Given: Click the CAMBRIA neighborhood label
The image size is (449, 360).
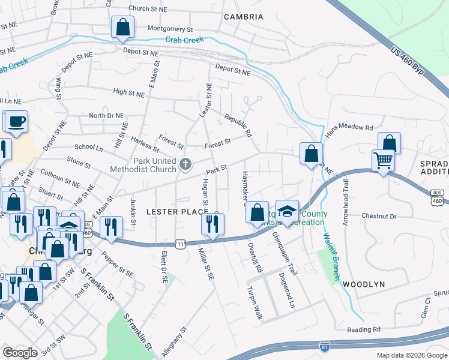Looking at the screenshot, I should click(243, 17).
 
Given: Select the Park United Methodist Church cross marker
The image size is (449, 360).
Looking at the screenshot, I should click(186, 163).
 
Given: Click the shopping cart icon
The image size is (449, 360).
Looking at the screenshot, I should click(384, 161).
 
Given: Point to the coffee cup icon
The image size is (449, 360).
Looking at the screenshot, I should click(17, 121).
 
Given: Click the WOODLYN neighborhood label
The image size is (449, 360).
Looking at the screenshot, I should click(363, 283).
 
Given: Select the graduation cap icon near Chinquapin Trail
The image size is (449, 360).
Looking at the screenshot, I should click(288, 212).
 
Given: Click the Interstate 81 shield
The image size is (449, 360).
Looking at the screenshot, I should click(325, 347).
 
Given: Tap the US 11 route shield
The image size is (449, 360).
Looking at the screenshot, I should click(180, 243).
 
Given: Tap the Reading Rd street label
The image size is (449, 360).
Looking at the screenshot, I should click(364, 329).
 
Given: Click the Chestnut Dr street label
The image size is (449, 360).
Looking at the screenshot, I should click(379, 216).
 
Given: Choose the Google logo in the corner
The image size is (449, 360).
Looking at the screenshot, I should click(20, 353).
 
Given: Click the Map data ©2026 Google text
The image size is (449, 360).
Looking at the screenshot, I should click(411, 355).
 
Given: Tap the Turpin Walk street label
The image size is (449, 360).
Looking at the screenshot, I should click(255, 302).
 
